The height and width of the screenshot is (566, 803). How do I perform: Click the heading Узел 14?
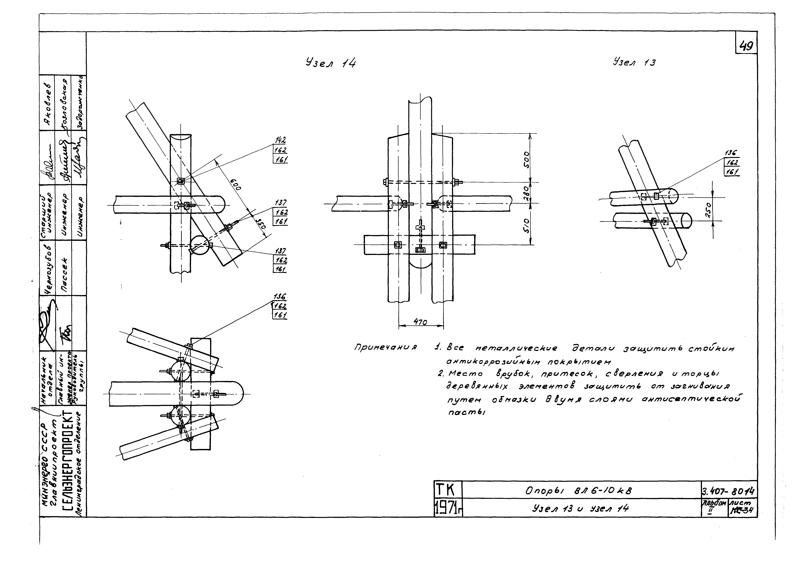pyautogui.click(x=331, y=63)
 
